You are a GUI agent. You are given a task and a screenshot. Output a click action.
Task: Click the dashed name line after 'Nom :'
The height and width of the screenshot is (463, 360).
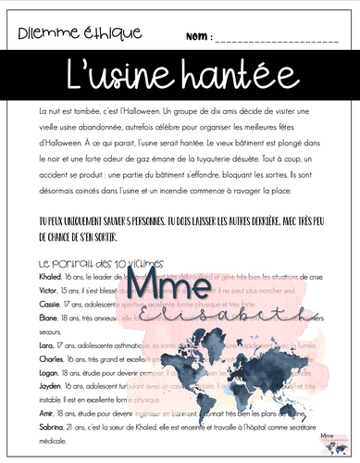pos(278,42)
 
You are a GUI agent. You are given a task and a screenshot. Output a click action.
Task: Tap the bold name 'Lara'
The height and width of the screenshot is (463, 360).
pos(47,343)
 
